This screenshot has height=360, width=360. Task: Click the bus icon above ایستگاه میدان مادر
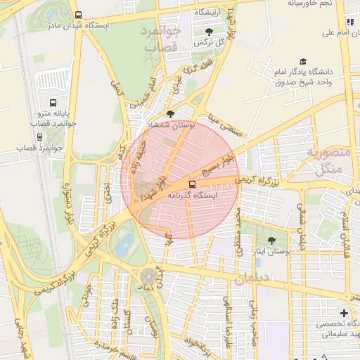click(x=77, y=14)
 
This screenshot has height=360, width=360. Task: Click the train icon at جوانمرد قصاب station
click(x=39, y=137)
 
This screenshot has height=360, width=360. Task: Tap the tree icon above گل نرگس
click(x=210, y=32)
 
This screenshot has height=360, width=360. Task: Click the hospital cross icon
click(x=344, y=312)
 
